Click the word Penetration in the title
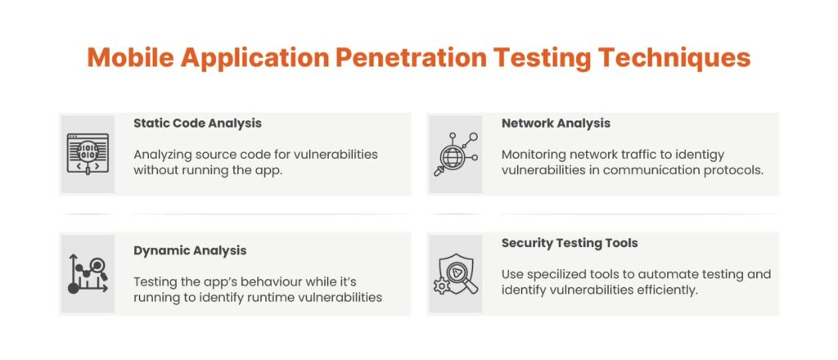click(x=411, y=57)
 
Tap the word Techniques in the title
click(x=674, y=58)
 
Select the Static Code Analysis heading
click(x=198, y=124)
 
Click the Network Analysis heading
click(x=556, y=124)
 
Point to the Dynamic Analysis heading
click(x=190, y=250)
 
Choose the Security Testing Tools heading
click(x=570, y=243)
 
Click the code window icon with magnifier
click(x=88, y=155)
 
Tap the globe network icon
click(x=455, y=155)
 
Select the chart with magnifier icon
click(x=88, y=274)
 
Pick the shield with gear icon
click(x=455, y=274)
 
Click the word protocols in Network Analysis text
click(x=738, y=170)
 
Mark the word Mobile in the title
click(x=130, y=57)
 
